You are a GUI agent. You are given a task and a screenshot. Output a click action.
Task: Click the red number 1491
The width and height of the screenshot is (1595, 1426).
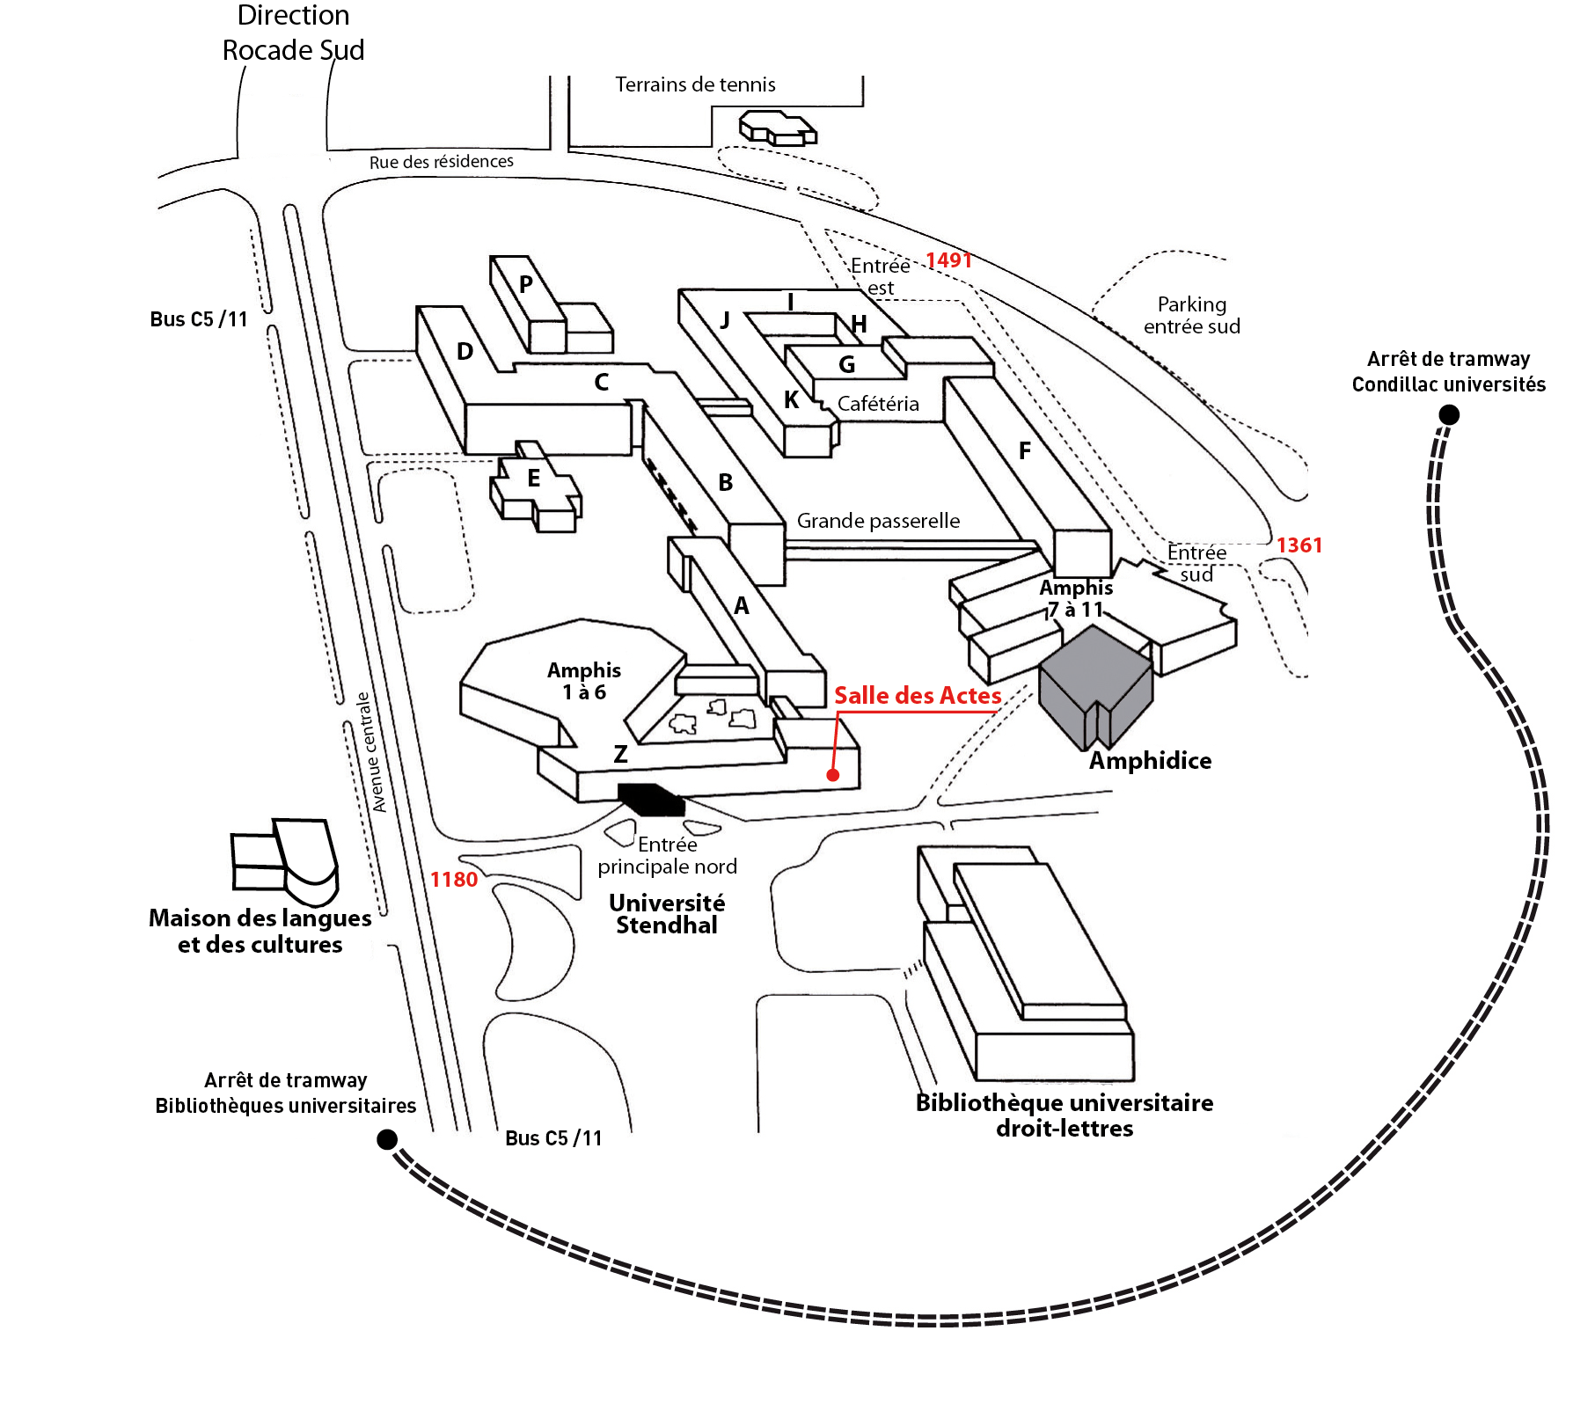coord(948,260)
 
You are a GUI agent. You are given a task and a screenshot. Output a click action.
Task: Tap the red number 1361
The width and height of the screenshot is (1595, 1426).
coord(1299,545)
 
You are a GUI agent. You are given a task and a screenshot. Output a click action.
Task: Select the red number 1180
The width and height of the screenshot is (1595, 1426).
coord(454,880)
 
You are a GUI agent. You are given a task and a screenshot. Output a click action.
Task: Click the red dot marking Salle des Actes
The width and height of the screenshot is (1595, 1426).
coord(832,775)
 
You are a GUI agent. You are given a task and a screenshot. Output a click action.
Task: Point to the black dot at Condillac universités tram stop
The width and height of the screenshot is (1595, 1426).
coord(1449,414)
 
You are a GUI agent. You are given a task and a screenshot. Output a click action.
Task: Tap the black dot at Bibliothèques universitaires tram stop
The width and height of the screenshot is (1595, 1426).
coord(387,1139)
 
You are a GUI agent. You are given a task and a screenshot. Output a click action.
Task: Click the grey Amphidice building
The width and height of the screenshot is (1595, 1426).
coord(1095,686)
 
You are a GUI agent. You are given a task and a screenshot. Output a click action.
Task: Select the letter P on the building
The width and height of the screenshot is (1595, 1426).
coord(526,284)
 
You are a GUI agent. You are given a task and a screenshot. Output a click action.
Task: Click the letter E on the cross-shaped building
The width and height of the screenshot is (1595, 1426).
coord(533,479)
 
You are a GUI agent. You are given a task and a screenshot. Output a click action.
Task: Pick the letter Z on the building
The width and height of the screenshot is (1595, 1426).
coord(620,754)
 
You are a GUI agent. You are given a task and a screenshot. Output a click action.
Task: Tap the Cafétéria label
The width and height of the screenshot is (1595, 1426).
coord(878,404)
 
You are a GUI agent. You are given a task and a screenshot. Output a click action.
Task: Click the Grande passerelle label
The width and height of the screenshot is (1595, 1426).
coord(878,521)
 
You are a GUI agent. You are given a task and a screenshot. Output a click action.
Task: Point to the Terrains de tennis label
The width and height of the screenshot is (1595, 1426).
coord(695,84)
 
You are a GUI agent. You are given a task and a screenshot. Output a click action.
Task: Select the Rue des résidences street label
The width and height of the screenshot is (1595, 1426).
coord(442,162)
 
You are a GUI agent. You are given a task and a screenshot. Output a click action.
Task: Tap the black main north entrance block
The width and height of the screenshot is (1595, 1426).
coord(651,799)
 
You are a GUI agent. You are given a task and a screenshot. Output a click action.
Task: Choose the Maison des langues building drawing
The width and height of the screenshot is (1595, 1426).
coord(285,862)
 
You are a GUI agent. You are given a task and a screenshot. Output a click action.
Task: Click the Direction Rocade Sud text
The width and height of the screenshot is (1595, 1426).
coord(293,33)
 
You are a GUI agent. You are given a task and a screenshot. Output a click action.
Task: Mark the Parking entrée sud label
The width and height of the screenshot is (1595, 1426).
coord(1192,315)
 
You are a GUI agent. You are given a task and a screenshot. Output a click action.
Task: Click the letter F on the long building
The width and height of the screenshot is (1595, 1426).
coord(1025,451)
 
